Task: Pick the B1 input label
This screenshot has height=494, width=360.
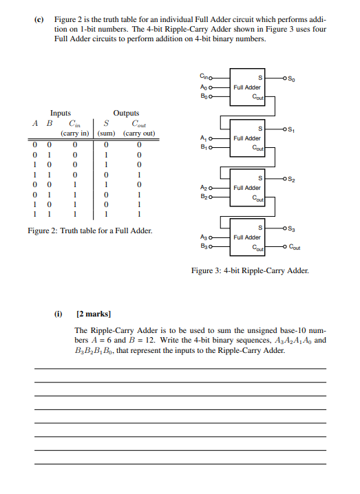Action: click(x=204, y=147)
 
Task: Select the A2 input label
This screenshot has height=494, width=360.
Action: click(x=204, y=188)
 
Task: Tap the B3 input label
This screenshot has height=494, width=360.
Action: click(x=204, y=246)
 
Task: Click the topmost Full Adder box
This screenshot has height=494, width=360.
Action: click(x=247, y=88)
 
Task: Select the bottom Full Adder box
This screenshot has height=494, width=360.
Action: click(x=247, y=237)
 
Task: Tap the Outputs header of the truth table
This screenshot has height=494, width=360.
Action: click(x=126, y=113)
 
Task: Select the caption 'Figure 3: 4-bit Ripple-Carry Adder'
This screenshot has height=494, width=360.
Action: click(x=250, y=270)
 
